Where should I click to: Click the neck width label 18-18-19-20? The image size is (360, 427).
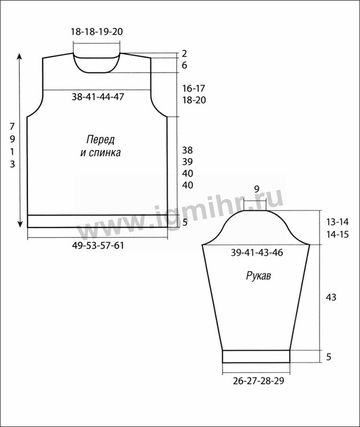(x=97, y=31)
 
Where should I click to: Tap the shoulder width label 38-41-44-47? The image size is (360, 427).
(x=98, y=97)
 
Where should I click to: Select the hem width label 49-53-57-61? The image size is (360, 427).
(x=98, y=246)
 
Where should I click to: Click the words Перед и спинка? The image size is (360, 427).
(x=100, y=146)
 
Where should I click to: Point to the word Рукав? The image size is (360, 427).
(x=259, y=276)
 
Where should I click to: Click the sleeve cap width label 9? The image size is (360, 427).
(x=256, y=189)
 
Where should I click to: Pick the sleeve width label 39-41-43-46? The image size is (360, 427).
(x=257, y=252)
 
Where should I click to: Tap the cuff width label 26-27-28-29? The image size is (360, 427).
(x=259, y=381)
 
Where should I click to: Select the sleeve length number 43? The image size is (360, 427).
(x=331, y=297)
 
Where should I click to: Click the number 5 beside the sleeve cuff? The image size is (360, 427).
(x=328, y=357)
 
